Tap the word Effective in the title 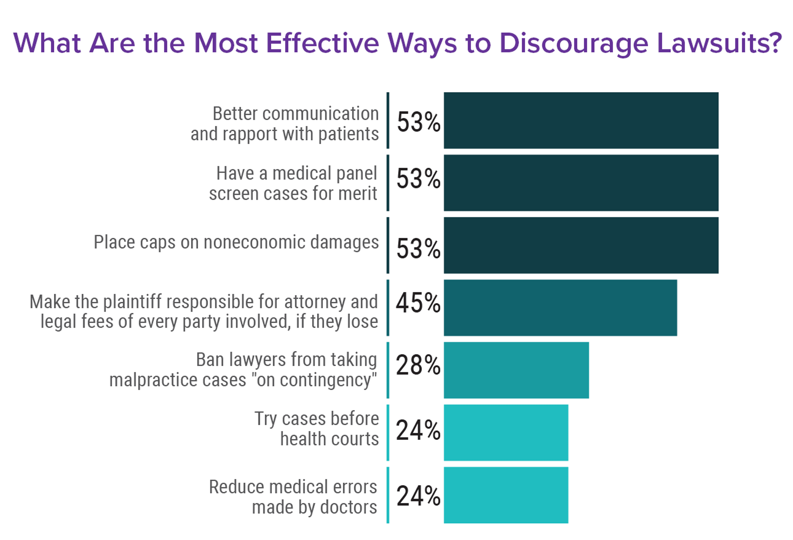[322, 43]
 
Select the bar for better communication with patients [581, 120]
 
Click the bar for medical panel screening [581, 183]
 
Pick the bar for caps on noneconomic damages [581, 245]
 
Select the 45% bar [560, 308]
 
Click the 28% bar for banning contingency [516, 370]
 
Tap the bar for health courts [506, 432]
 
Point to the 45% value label [418, 303]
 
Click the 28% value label [418, 365]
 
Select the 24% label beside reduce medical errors [418, 496]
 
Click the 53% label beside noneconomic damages [418, 248]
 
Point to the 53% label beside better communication [418, 122]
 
